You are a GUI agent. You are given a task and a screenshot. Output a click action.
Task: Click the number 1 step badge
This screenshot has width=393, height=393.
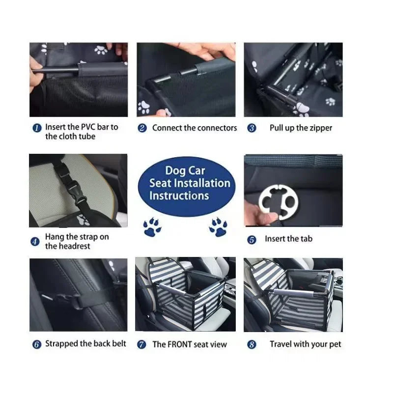click(37, 128)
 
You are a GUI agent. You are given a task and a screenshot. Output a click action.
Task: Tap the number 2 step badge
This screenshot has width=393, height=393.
click(142, 128)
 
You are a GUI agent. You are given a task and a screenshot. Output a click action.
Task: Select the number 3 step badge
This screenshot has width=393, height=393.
click(252, 128)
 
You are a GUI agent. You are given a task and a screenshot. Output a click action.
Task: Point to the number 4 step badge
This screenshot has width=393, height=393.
click(35, 241)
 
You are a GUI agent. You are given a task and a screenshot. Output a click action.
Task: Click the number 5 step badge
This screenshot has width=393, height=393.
click(252, 240)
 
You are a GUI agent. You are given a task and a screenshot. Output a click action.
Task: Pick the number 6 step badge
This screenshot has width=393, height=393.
click(36, 344)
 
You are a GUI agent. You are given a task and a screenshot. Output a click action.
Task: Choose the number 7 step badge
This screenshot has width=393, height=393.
click(142, 345)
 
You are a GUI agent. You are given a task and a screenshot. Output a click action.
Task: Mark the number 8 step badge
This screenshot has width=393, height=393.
click(252, 345)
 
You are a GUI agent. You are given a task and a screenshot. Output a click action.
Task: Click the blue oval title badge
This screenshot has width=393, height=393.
click(186, 183)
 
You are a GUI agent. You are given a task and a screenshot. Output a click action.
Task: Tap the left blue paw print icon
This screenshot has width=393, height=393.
click(152, 227)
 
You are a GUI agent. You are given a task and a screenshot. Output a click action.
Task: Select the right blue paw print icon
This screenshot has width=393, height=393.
click(218, 227)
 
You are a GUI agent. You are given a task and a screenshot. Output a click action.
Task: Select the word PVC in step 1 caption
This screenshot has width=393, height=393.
click(88, 127)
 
